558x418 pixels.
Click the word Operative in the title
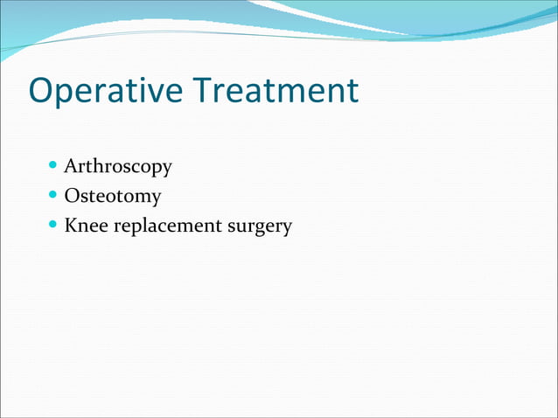tap(106, 91)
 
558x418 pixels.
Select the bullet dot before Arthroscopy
tap(54, 164)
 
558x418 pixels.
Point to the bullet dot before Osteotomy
tap(54, 195)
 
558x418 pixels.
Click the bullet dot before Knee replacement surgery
tap(54, 225)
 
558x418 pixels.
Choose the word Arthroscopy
tap(118, 166)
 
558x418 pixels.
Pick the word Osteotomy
tap(113, 196)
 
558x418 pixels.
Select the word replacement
tap(166, 226)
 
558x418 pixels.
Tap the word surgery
tap(260, 227)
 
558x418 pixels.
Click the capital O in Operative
tap(43, 91)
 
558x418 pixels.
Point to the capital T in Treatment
tap(203, 91)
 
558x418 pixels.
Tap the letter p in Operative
tap(68, 94)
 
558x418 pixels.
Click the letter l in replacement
tap(142, 225)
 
